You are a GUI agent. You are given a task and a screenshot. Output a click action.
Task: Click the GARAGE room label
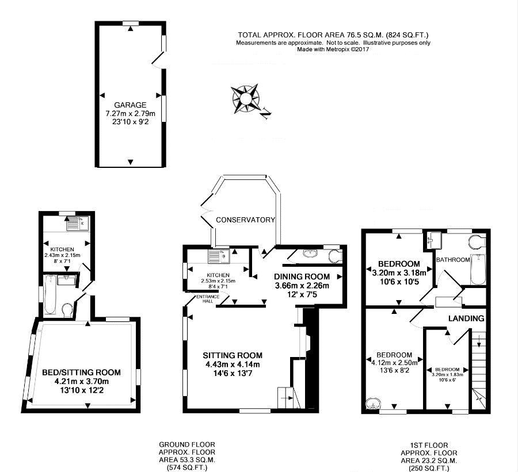pyautogui.click(x=130, y=105)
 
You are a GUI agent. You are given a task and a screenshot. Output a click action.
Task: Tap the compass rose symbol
pyautogui.click(x=245, y=99)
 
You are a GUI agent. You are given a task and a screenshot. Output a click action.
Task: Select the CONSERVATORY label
pyautogui.click(x=245, y=220)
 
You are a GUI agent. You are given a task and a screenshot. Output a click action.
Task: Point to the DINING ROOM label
pyautogui.click(x=302, y=277)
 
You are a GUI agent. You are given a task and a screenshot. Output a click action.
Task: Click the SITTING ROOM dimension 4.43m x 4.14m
pyautogui.click(x=233, y=364)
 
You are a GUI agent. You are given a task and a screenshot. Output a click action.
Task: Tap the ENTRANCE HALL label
pyautogui.click(x=208, y=299)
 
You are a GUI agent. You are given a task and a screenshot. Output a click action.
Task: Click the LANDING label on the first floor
pyautogui.click(x=466, y=318)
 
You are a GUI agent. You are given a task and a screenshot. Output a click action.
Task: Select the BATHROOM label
pyautogui.click(x=453, y=260)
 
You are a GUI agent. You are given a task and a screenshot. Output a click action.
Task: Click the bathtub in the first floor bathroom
pyautogui.click(x=478, y=269)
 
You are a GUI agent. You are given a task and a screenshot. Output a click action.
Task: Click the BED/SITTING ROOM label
pyautogui.click(x=81, y=373)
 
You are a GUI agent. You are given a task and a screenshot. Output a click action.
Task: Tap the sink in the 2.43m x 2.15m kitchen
pyautogui.click(x=77, y=224)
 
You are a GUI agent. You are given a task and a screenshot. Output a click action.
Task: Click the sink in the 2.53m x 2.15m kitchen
pyautogui.click(x=219, y=256)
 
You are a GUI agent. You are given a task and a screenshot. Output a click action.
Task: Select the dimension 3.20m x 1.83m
pyautogui.click(x=447, y=375)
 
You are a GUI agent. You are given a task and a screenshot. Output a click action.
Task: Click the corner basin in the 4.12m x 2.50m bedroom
pyautogui.click(x=373, y=404)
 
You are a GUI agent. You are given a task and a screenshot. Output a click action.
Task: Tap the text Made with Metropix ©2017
pyautogui.click(x=333, y=49)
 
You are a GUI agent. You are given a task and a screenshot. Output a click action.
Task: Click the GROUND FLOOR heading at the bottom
pyautogui.click(x=187, y=445)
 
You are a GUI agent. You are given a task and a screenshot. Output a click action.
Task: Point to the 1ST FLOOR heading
pyautogui.click(x=429, y=446)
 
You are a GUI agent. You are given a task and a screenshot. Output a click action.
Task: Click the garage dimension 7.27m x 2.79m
pyautogui.click(x=130, y=113)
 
